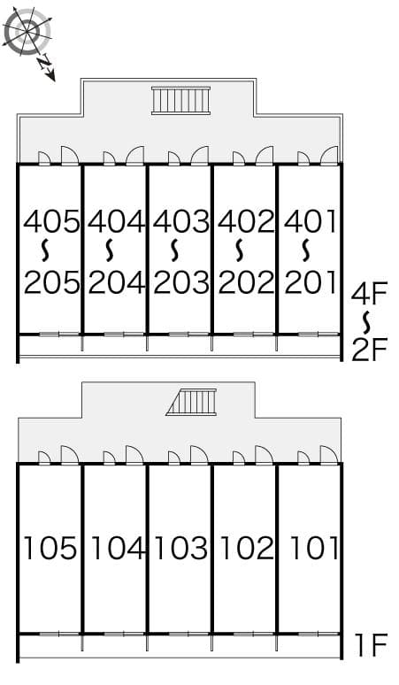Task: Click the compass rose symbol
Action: [x=27, y=33]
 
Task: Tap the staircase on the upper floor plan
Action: [x=180, y=100]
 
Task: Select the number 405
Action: [x=51, y=220]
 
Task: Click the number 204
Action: [x=116, y=282]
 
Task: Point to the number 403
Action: [x=180, y=220]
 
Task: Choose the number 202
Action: [x=246, y=282]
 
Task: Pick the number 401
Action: [x=311, y=220]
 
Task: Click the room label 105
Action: [x=51, y=549]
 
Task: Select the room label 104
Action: [x=116, y=549]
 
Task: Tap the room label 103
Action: [x=180, y=549]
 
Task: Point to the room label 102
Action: [x=246, y=549]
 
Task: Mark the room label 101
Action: [x=311, y=549]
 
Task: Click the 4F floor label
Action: [x=370, y=291]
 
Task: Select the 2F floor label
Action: [x=370, y=350]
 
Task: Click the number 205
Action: [x=51, y=282]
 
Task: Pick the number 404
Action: [x=116, y=220]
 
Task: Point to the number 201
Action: [x=311, y=282]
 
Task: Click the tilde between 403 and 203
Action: [x=180, y=251]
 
